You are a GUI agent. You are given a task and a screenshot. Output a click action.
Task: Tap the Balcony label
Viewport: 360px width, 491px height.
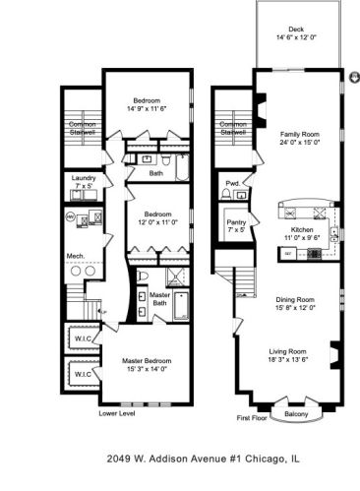point(296,414)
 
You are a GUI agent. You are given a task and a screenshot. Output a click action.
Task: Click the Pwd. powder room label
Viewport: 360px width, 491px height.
point(233,183)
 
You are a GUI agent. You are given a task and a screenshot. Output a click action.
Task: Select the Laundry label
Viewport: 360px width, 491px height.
point(84,178)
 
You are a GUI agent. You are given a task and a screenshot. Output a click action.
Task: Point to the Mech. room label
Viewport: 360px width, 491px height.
point(75,256)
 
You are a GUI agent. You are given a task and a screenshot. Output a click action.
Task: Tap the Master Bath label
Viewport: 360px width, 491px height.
point(159,300)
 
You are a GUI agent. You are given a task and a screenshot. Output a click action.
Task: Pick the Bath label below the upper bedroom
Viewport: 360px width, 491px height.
point(156,173)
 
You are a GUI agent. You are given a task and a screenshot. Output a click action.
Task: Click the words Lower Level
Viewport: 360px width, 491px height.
point(116,414)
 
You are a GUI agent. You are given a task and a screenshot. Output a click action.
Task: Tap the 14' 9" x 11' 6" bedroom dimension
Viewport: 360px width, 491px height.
point(146,109)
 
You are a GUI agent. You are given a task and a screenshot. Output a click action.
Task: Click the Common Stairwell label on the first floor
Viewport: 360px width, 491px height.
point(233,129)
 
